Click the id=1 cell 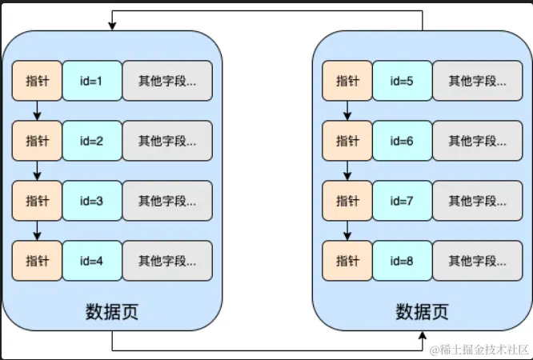click(x=92, y=80)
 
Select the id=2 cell click(x=92, y=141)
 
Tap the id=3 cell click(x=92, y=201)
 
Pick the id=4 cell click(x=92, y=261)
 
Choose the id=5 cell click(x=402, y=80)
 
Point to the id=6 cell click(x=402, y=141)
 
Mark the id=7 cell click(x=402, y=201)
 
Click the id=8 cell click(x=402, y=261)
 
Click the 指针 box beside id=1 click(x=37, y=80)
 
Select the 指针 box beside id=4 click(x=37, y=261)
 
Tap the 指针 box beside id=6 click(x=347, y=141)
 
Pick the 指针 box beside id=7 click(x=347, y=201)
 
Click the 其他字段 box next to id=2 click(x=167, y=141)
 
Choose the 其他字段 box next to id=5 click(x=477, y=80)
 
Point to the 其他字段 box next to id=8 click(x=477, y=261)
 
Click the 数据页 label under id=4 click(x=112, y=311)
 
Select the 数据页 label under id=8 click(x=422, y=311)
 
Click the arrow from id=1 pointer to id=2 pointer click(x=37, y=110)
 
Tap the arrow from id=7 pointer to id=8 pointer click(x=347, y=230)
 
